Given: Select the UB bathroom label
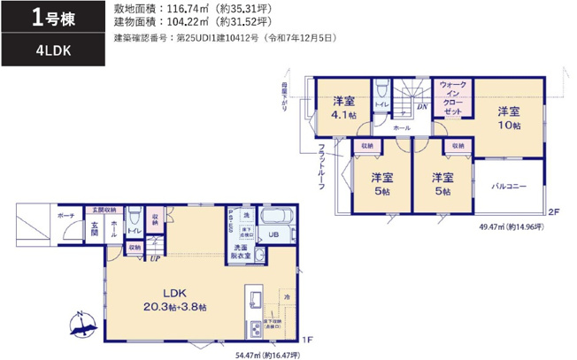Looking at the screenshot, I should (x=273, y=234).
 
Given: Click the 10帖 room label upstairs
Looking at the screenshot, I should (x=507, y=119).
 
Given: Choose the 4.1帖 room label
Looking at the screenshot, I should (x=344, y=109).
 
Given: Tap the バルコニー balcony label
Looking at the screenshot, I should (x=509, y=187).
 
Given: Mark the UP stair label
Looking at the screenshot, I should (x=155, y=258).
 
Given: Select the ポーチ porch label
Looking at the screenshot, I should (x=65, y=215).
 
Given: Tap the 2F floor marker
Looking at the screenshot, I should (x=553, y=212).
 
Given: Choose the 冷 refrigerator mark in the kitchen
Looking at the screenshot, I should (x=286, y=295).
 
